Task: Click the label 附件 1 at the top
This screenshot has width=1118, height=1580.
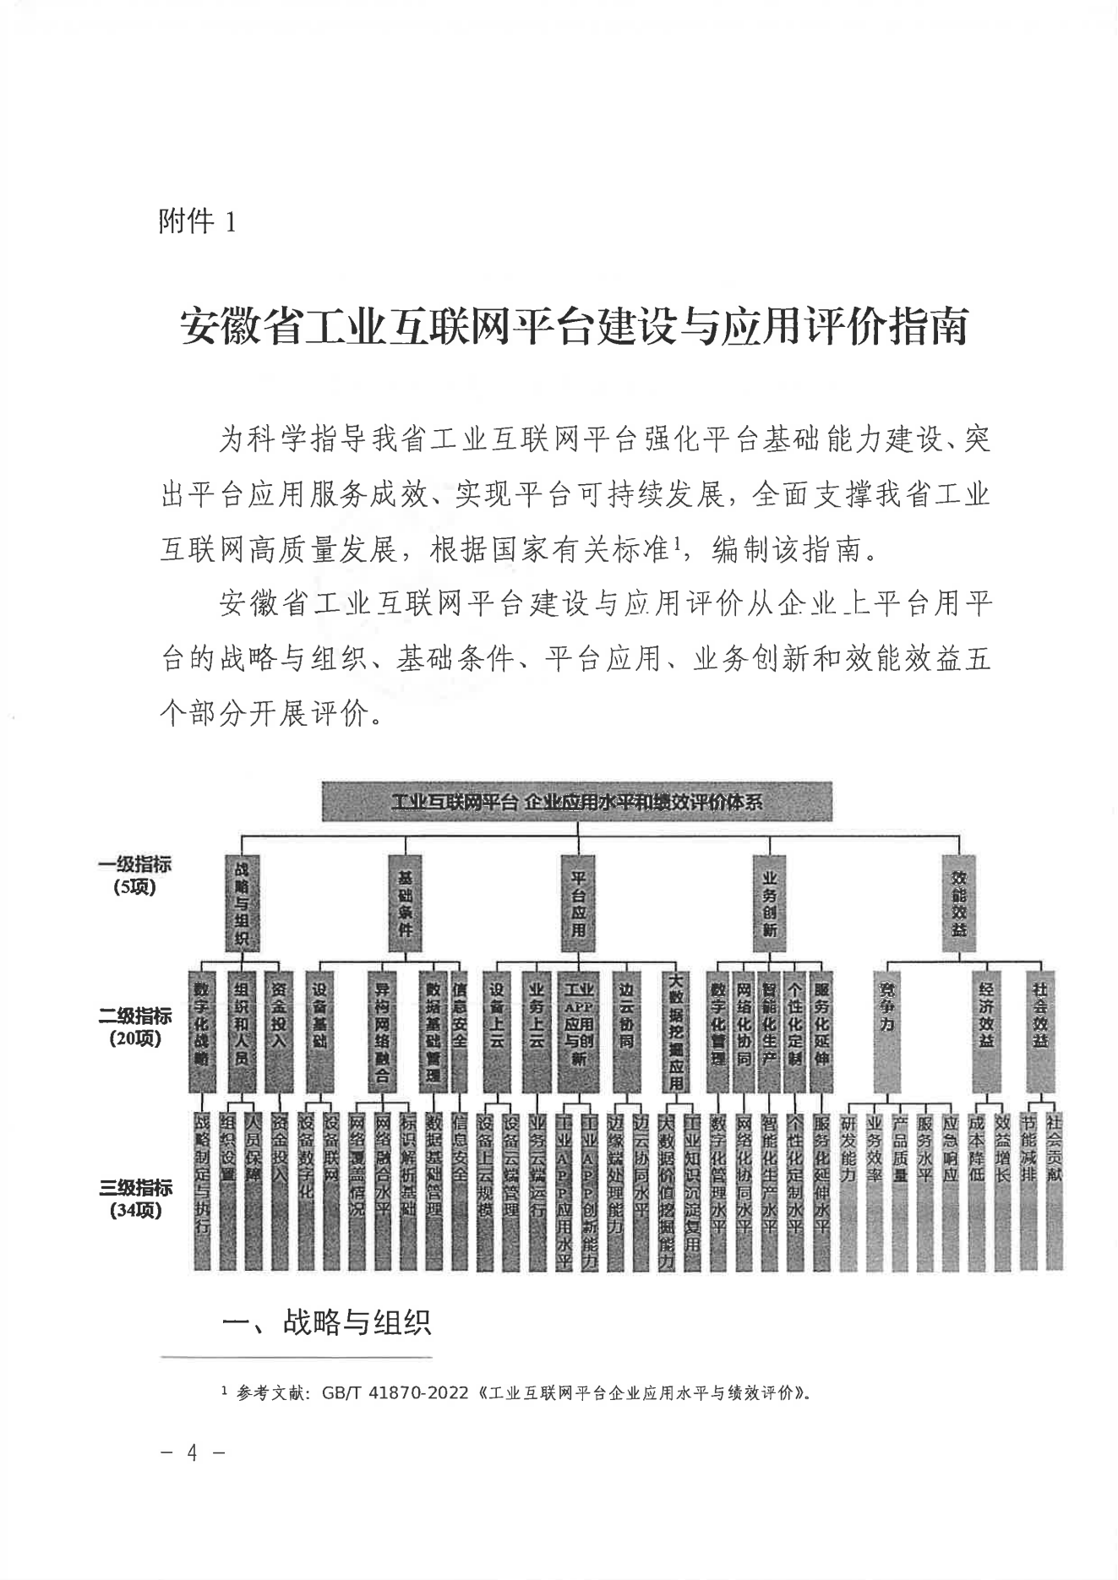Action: pos(197,222)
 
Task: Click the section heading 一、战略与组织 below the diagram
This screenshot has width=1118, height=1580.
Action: pos(326,1322)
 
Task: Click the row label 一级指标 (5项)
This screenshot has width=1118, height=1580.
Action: pos(134,875)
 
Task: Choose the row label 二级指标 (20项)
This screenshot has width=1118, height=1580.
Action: pos(134,1027)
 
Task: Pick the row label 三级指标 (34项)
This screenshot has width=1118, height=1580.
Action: pos(134,1198)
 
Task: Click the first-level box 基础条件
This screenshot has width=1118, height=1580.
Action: pos(405,903)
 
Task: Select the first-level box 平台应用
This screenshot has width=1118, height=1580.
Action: pos(578,903)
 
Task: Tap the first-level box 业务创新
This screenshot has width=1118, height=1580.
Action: pos(769,903)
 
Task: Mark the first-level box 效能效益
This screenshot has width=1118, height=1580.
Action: pos(959,903)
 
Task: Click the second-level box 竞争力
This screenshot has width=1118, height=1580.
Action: pos(888,1031)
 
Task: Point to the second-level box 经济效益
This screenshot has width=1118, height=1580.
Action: pos(986,1031)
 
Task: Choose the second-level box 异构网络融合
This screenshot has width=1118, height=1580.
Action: pos(382,1031)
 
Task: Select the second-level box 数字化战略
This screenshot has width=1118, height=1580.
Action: pos(201,1031)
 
